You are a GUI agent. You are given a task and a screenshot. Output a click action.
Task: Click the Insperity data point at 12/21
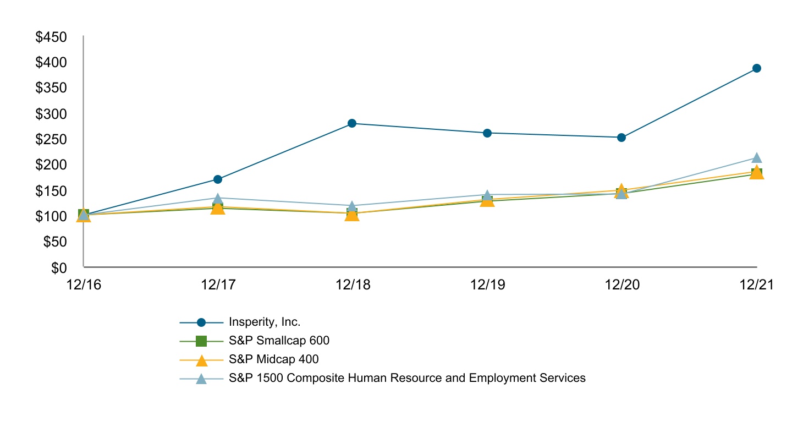coord(756,68)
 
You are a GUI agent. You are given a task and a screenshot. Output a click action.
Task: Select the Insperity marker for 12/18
coord(352,123)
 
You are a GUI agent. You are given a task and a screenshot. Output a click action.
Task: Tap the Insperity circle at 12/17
coord(218,179)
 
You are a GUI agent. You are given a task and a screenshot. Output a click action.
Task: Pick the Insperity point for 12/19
coord(487,133)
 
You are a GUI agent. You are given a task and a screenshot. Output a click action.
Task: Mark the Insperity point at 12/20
coord(621,138)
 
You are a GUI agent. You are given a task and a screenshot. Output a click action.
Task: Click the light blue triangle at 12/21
coord(756,158)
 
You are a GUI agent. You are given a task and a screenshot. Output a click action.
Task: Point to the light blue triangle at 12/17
coord(218,198)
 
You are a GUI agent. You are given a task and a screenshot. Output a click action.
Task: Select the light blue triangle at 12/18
coord(352,206)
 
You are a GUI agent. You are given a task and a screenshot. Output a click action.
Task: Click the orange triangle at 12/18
coord(352,215)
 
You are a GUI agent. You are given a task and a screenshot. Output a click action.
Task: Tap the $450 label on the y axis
coord(51,37)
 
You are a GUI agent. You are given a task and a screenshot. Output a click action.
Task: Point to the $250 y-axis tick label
coord(51,140)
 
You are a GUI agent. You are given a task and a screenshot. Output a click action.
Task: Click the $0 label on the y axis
coord(59,268)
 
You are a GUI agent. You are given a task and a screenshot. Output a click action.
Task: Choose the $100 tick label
coord(51,216)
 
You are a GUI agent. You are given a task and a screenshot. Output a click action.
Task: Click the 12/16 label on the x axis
coord(82,285)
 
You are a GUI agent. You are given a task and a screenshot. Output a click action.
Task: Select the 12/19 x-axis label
coord(487,285)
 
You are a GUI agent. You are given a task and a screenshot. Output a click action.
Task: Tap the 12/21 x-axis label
coord(756,285)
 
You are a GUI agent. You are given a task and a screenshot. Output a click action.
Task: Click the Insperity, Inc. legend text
coord(265,322)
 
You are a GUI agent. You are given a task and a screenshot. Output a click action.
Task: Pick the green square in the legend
coord(201,341)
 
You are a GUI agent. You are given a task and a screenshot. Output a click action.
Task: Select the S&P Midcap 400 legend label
coord(274,359)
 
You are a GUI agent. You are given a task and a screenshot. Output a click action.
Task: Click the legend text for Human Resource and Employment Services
coord(407,378)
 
